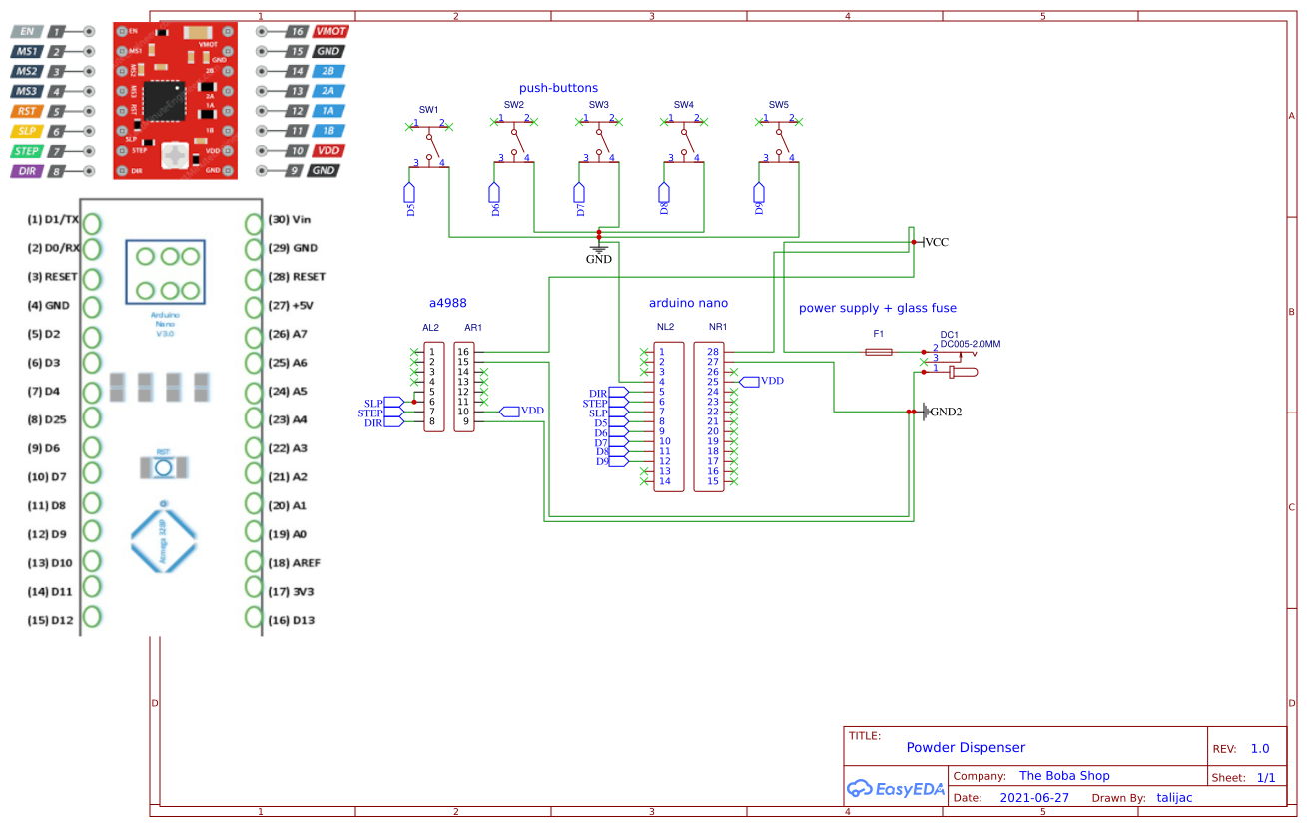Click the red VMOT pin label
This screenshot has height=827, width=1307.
tap(330, 31)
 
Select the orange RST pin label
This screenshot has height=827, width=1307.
tap(27, 111)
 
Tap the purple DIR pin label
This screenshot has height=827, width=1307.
tap(27, 171)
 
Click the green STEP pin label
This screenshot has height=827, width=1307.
tap(27, 151)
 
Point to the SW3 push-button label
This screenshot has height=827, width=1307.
tap(598, 105)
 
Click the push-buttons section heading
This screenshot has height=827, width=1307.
tap(558, 89)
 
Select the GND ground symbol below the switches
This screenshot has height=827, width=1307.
tap(599, 247)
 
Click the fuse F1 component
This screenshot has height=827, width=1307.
tap(879, 352)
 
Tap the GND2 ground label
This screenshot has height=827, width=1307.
tap(945, 412)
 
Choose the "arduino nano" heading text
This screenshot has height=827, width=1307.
tap(688, 303)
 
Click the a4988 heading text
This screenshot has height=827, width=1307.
tap(448, 303)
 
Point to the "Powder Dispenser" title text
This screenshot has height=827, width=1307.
tap(966, 747)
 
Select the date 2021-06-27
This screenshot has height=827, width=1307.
tap(1033, 798)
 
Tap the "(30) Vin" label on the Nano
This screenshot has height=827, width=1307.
tap(291, 219)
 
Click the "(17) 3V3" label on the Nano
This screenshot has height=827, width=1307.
tap(291, 591)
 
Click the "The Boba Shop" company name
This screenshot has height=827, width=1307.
tap(1064, 776)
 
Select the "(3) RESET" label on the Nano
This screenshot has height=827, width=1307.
tap(52, 276)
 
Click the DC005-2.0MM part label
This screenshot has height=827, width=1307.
tap(970, 344)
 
